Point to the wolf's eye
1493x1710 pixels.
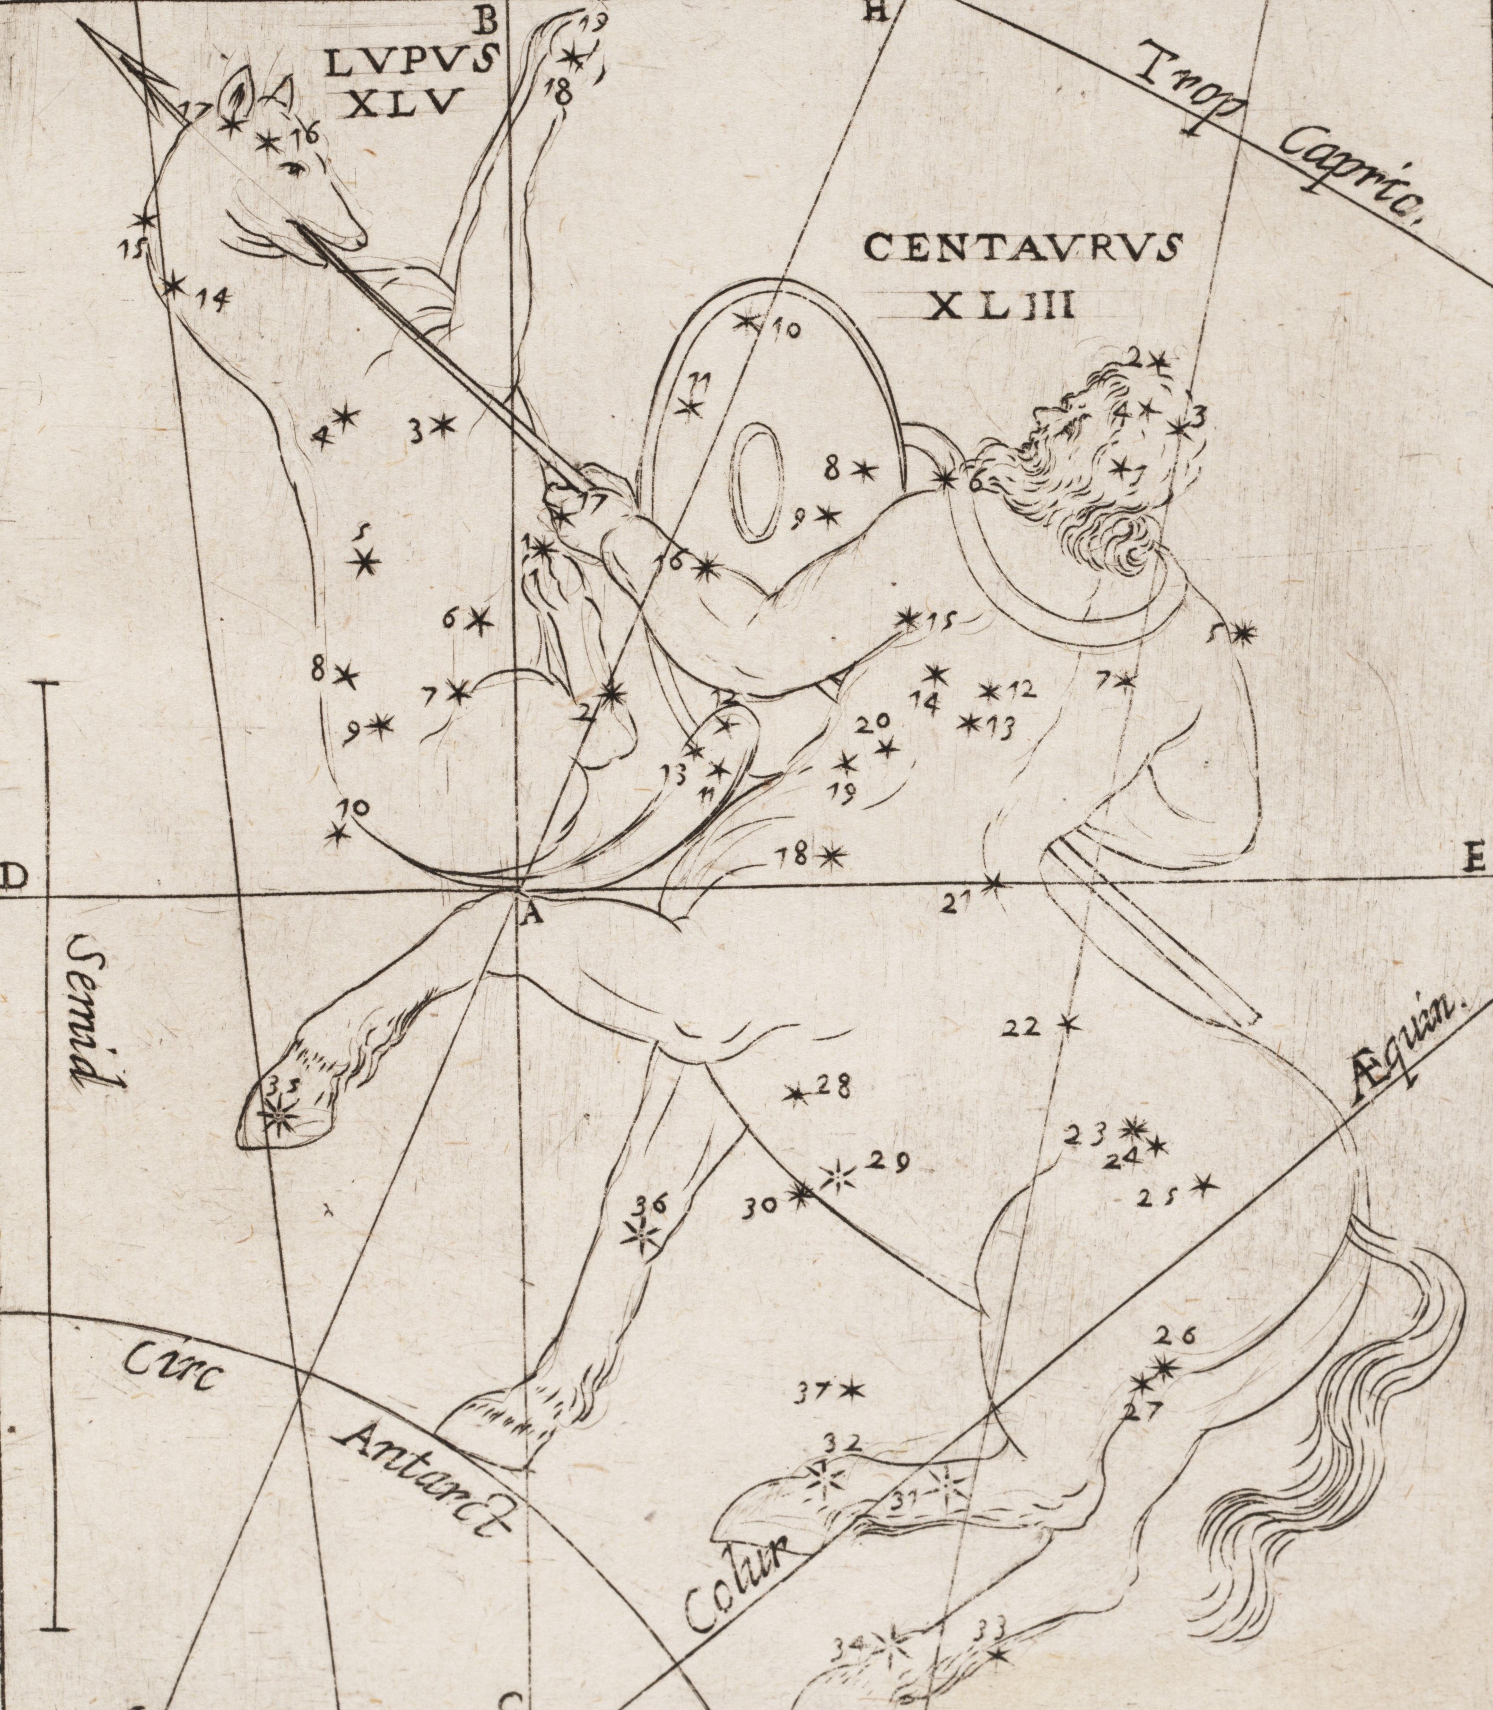tap(293, 169)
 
